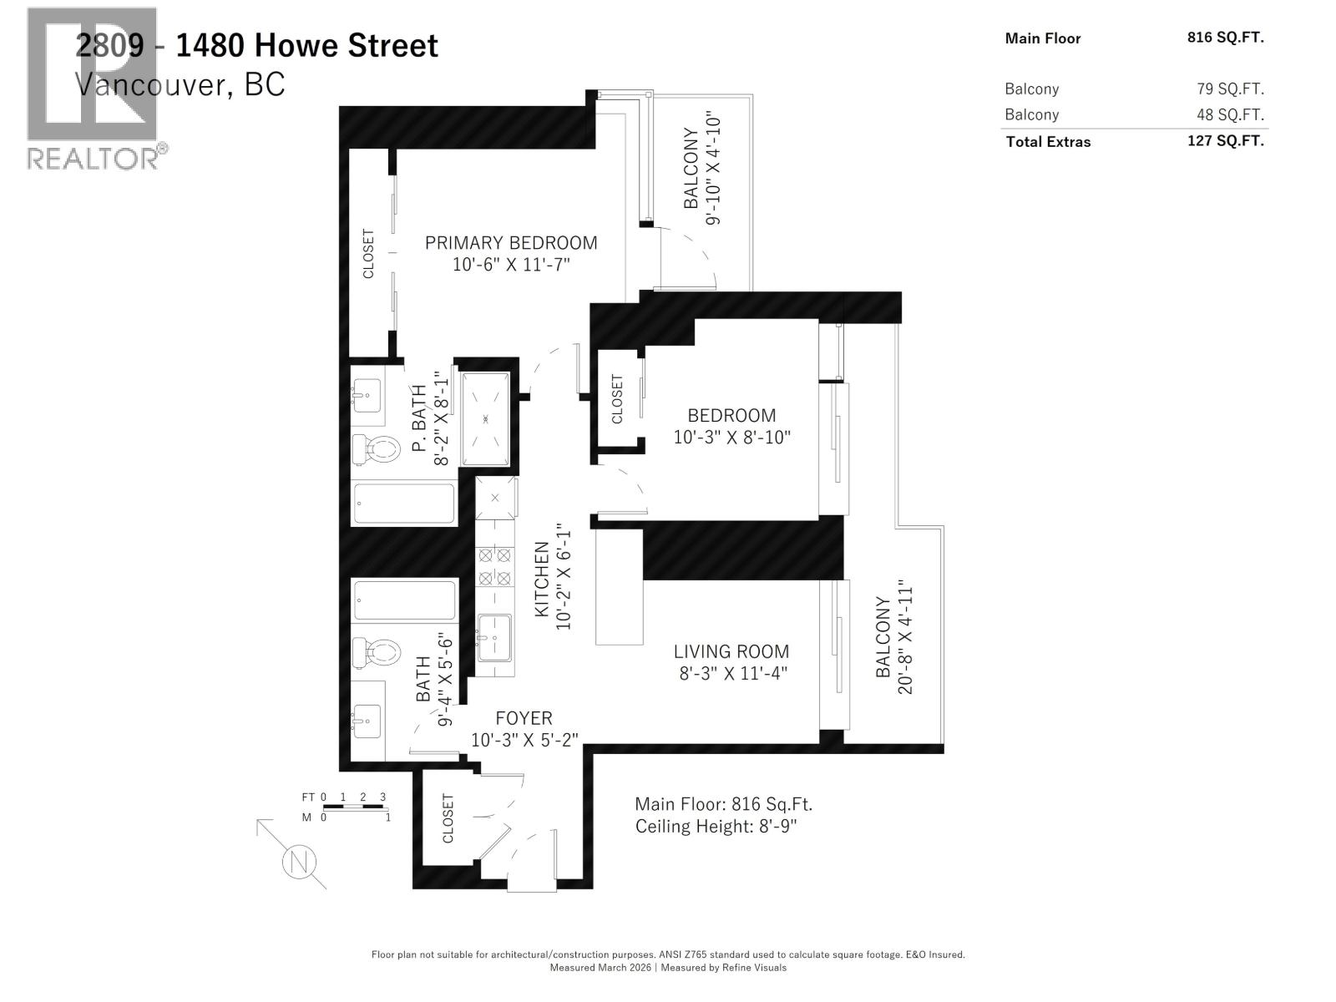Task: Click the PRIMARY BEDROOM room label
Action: coord(511,243)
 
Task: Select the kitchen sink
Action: coord(494,639)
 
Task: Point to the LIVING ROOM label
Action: coord(731,651)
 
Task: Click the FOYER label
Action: coord(524,718)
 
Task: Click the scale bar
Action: coord(354,807)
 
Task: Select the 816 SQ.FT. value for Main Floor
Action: coord(1225,38)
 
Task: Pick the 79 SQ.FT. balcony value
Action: coord(1230,89)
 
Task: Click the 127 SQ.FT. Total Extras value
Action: coord(1225,141)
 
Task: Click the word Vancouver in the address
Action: coord(150,84)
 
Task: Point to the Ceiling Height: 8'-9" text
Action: coord(716,827)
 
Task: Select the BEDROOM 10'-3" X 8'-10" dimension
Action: coord(731,437)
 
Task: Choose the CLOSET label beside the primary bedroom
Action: coord(368,254)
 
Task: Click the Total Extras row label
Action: coord(1048,142)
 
